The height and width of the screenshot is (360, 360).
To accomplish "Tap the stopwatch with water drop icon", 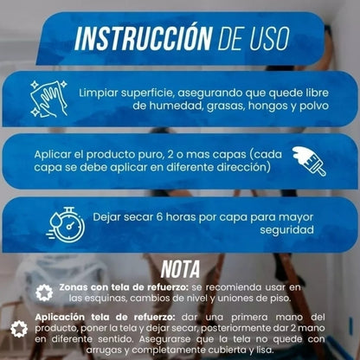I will [66, 222].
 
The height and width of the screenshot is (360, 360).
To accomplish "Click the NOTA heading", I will [180, 268].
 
